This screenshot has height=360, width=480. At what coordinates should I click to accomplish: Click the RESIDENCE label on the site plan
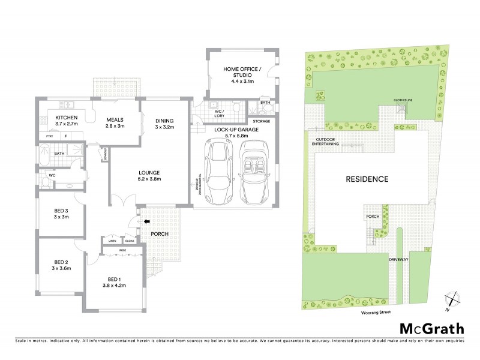point(367,179)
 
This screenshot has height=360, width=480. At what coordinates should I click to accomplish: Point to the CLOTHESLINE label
point(402,101)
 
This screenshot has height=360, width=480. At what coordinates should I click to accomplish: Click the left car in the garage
point(217,172)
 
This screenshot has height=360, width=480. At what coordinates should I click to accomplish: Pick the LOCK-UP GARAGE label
point(235,129)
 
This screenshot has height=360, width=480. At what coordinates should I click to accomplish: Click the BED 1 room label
point(114,280)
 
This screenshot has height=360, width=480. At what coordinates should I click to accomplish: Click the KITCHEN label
point(65,118)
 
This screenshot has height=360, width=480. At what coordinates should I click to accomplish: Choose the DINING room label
point(164,119)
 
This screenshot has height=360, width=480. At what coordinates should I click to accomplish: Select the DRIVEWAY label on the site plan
point(398,260)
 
